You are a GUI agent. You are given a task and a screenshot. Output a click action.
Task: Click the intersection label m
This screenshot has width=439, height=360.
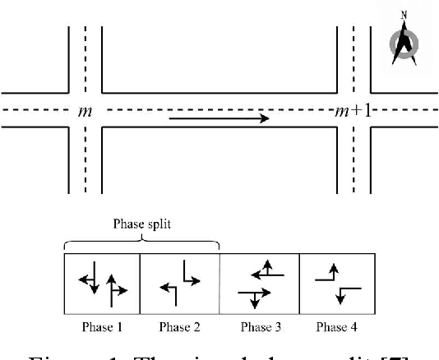(84, 111)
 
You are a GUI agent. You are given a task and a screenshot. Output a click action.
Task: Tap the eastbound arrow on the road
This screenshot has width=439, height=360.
(219, 118)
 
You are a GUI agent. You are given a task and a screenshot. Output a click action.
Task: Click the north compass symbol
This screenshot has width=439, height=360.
(403, 45)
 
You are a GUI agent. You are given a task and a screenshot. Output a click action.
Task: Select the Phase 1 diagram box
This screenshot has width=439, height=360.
(102, 284)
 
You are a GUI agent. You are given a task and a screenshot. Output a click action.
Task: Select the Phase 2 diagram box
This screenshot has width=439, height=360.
(180, 284)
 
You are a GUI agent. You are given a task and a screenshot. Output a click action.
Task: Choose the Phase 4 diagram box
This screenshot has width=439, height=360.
(336, 284)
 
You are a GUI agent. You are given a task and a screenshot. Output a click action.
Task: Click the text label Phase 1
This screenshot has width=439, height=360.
(102, 326)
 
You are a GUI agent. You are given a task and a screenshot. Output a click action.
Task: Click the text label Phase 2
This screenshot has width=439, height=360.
(180, 326)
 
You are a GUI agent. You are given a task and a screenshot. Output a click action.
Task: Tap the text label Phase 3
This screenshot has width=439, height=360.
(259, 326)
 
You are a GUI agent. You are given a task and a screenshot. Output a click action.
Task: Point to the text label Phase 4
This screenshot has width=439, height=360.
(336, 326)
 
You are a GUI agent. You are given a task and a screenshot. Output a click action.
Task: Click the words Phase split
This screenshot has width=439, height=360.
(141, 222)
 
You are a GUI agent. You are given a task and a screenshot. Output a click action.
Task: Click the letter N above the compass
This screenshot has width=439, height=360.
(403, 15)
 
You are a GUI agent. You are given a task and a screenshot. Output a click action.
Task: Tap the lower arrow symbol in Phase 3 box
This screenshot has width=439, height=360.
(252, 296)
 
